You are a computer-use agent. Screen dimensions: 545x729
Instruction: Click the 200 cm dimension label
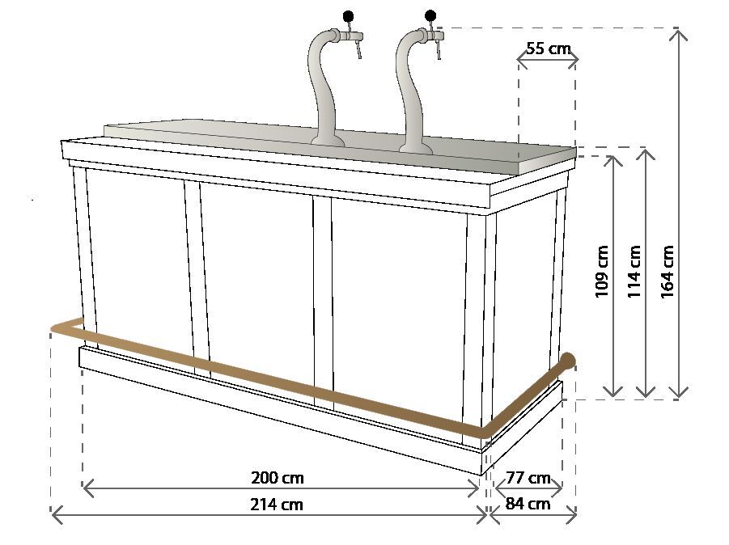click(278, 477)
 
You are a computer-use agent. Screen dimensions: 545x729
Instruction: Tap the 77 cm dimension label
click(528, 477)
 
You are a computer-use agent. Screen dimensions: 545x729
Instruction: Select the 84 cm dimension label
click(528, 504)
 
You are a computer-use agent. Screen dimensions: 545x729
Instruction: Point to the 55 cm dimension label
click(548, 48)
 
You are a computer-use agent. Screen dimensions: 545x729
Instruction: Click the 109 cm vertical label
click(602, 271)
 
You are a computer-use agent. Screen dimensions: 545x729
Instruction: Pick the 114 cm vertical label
click(634, 271)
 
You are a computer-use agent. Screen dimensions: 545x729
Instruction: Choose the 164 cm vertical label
click(668, 271)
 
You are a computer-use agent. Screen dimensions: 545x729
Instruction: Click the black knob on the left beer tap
click(348, 15)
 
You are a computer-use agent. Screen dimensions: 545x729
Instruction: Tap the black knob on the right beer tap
click(430, 15)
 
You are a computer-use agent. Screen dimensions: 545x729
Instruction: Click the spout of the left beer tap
click(356, 53)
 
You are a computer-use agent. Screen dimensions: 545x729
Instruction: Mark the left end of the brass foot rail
click(55, 327)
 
